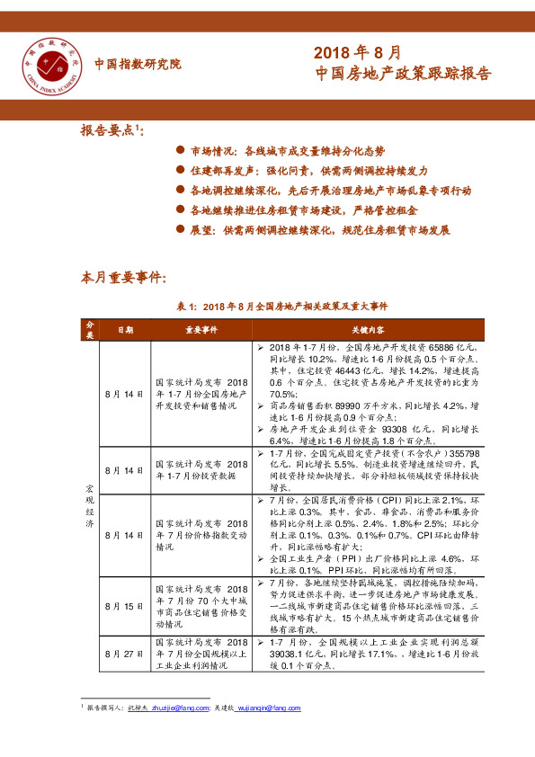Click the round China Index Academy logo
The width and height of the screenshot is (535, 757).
pyautogui.click(x=51, y=64)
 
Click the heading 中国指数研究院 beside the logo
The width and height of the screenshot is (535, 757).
pyautogui.click(x=138, y=65)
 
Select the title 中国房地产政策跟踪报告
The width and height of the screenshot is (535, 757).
pyautogui.click(x=405, y=75)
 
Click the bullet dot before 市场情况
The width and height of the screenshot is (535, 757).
pyautogui.click(x=180, y=152)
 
